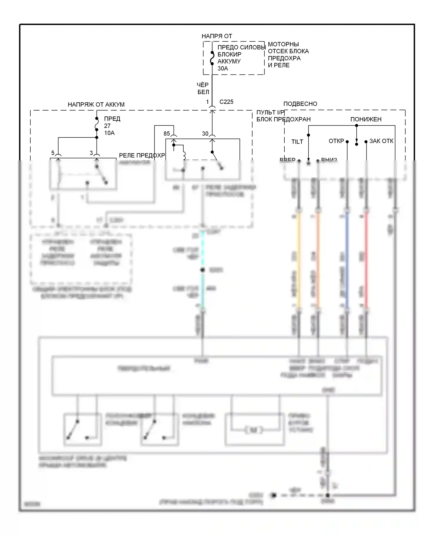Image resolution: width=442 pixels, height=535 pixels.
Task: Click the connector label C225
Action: point(226,102)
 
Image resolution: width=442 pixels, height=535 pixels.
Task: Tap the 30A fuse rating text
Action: point(223,68)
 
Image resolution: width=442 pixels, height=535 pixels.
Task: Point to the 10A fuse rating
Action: point(109,133)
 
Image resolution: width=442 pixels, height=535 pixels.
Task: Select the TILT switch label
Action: point(297,142)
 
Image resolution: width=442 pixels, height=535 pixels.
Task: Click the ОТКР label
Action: point(336,141)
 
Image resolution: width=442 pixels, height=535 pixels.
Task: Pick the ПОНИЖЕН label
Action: point(366,119)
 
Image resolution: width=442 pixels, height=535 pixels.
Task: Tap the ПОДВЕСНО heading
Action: point(300,104)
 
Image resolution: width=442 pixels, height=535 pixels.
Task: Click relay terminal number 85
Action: point(167,134)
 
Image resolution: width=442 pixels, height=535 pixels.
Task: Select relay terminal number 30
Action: point(205,134)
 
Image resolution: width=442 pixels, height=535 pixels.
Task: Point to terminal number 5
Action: point(53,153)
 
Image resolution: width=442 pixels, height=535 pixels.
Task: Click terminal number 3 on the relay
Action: point(91,153)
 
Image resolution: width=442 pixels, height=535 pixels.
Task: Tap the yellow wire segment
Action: point(299,260)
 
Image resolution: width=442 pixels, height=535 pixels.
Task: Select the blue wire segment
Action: point(347,260)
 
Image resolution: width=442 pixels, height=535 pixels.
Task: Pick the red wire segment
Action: point(366,260)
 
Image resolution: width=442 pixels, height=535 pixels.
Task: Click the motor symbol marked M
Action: point(254,430)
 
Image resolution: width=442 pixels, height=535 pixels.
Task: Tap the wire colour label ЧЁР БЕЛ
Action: point(203,88)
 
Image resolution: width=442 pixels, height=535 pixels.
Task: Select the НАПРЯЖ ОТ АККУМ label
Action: point(96,104)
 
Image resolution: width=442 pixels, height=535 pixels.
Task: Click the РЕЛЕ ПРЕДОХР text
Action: point(142,155)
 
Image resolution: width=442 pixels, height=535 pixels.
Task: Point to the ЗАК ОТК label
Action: point(381,141)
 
